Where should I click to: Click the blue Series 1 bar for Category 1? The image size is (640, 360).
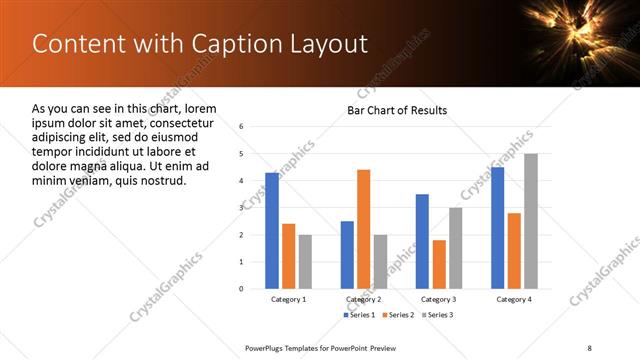click(272, 230)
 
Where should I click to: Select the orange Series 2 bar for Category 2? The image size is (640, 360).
click(363, 229)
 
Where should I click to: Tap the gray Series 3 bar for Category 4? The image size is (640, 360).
click(530, 221)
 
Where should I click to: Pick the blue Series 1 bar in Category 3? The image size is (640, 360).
click(422, 241)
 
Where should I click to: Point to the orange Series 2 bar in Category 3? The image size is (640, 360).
click(439, 264)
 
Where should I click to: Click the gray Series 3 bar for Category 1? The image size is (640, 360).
click(305, 261)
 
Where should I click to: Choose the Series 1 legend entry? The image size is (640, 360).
click(360, 315)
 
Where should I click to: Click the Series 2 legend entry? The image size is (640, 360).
click(397, 315)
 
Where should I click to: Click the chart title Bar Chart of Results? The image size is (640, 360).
click(397, 110)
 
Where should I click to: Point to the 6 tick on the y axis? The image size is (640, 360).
click(242, 127)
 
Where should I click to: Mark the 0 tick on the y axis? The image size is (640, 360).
click(242, 289)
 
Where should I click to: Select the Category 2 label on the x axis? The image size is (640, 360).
click(363, 299)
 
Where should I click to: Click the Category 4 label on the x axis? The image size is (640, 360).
click(514, 299)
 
